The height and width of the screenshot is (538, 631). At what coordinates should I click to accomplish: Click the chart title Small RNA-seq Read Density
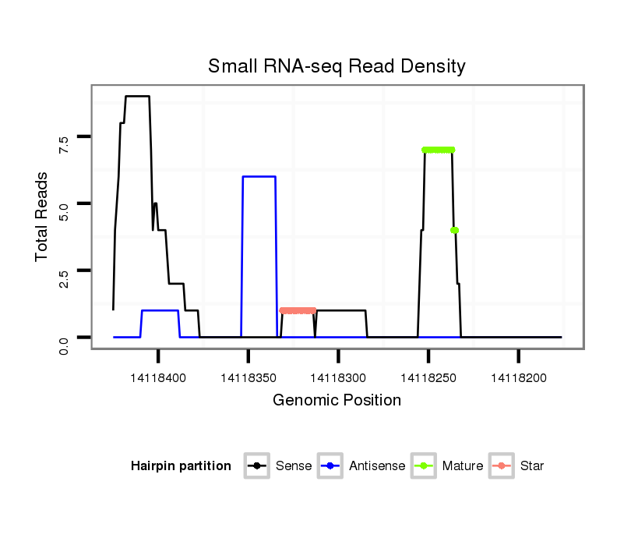(x=337, y=66)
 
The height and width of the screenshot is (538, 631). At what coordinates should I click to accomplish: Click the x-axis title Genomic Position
(x=337, y=401)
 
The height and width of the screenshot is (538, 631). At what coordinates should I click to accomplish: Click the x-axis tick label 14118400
(x=158, y=378)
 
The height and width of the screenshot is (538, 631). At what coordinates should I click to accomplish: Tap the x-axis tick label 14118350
(x=249, y=378)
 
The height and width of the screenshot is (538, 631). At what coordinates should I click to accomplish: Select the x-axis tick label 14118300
(x=338, y=378)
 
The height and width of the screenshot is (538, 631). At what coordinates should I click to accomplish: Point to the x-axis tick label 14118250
(x=428, y=378)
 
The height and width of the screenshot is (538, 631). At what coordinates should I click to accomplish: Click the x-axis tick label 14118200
(x=519, y=378)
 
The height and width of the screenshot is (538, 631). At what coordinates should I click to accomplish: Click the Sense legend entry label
(x=294, y=466)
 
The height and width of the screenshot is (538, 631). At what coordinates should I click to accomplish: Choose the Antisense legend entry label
(x=377, y=466)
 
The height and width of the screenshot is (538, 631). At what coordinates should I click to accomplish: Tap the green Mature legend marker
(x=425, y=466)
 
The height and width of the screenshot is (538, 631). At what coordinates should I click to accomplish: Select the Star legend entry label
(x=532, y=466)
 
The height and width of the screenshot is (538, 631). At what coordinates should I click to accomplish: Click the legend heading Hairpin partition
(x=181, y=466)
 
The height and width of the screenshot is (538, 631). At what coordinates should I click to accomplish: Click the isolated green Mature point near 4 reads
(x=454, y=230)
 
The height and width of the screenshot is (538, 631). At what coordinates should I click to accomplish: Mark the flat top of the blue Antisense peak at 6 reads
(x=259, y=177)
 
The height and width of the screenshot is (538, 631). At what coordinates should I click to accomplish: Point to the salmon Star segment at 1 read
(x=297, y=310)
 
